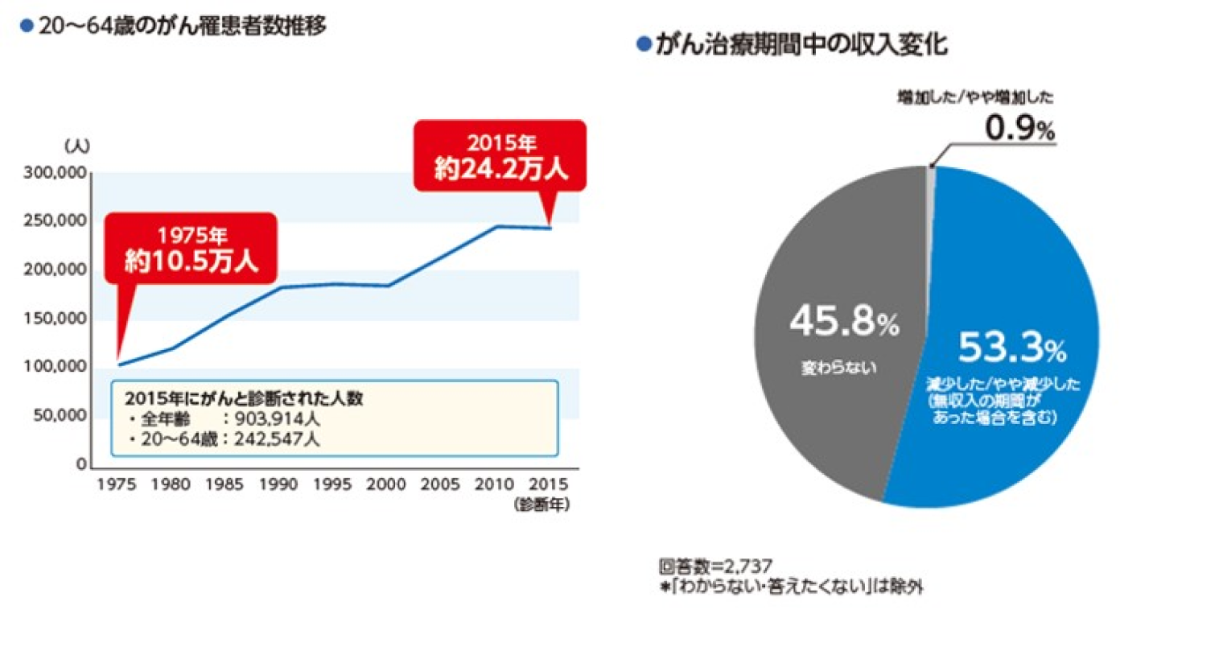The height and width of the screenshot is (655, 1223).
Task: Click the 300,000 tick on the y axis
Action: [55, 173]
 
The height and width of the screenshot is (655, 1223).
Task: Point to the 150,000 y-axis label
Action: [55, 318]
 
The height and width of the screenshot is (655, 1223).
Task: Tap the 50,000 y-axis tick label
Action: [59, 415]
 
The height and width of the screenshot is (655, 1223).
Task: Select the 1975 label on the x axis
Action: [117, 484]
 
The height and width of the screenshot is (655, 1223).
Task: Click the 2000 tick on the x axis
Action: [386, 484]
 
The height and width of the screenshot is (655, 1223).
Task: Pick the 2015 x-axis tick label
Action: [548, 484]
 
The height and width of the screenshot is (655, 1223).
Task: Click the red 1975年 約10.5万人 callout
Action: [191, 248]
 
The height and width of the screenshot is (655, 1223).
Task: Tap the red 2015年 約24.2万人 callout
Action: [500, 156]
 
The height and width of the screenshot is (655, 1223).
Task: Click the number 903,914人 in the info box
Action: [278, 419]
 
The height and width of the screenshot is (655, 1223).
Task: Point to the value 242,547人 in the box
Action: [278, 439]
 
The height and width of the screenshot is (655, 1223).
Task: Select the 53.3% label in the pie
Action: [1011, 348]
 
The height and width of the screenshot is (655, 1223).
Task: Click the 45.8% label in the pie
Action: [844, 321]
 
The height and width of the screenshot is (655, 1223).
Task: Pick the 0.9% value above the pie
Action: [1019, 129]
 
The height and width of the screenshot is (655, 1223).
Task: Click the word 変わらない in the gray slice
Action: [838, 368]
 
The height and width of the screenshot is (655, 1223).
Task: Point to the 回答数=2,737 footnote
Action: [715, 566]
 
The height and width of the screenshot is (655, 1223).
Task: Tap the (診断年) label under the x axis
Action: [541, 505]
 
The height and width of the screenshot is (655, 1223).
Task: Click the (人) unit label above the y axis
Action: [77, 146]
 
